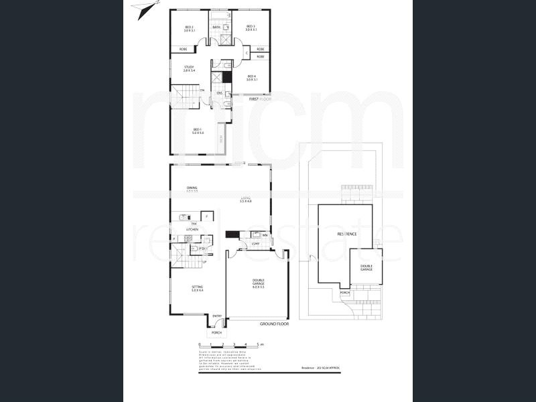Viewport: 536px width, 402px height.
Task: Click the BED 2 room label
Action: [x=190, y=27]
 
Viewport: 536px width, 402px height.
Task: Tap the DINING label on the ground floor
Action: [x=192, y=188]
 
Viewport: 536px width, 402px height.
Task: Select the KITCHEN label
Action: [x=192, y=229]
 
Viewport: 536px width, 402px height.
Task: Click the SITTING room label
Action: [x=197, y=288]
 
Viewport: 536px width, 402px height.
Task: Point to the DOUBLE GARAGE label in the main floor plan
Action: [x=258, y=282]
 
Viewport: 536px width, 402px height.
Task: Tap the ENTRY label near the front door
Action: [x=217, y=316]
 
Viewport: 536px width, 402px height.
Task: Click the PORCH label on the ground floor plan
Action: [x=216, y=332]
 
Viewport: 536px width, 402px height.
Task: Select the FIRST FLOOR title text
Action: [x=263, y=99]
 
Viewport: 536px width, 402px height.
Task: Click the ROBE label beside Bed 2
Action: [x=183, y=49]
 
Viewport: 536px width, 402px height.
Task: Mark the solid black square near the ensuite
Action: [x=227, y=76]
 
